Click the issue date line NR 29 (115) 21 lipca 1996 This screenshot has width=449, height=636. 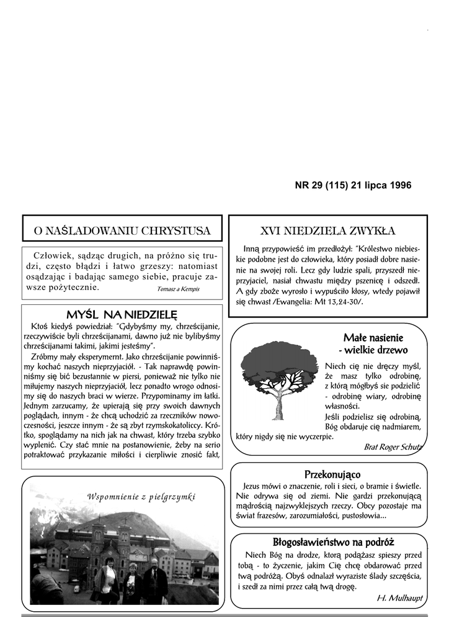tap(352, 185)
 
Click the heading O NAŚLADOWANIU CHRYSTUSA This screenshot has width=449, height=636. tap(122, 231)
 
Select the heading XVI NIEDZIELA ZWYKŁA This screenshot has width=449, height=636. tap(328, 231)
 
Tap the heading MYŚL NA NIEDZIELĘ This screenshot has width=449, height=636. tap(122, 314)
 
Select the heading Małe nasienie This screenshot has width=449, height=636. tap(373, 338)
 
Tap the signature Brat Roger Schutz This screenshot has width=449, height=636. tap(393, 447)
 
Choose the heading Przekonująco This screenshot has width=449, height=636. tap(328, 475)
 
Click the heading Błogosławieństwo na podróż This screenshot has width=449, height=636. tap(334, 542)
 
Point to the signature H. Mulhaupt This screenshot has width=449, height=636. tap(399, 597)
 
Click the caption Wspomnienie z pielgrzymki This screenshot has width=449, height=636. tap(141, 496)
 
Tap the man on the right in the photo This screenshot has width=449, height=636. tap(154, 581)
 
